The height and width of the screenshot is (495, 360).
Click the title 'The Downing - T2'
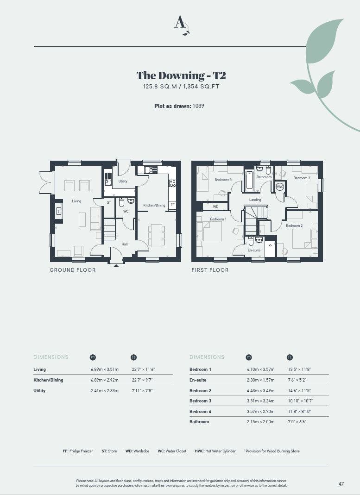tap(181, 75)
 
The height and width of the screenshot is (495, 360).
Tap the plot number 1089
tap(198, 106)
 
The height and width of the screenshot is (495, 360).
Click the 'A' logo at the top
tap(182, 25)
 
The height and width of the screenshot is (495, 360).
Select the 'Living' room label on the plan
tap(76, 201)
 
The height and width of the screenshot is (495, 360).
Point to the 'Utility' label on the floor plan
tap(123, 181)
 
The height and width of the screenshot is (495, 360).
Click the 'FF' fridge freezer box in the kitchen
tap(172, 205)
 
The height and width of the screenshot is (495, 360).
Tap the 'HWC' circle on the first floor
tap(280, 187)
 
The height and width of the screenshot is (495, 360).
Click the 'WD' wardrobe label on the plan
tap(216, 207)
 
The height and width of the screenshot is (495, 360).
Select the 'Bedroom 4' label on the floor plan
tap(223, 179)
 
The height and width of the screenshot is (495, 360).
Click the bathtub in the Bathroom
tap(249, 181)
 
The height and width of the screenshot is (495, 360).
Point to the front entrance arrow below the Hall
tap(116, 266)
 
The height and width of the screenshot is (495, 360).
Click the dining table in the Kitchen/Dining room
tap(156, 236)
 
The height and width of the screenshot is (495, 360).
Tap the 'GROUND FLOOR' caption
tap(73, 270)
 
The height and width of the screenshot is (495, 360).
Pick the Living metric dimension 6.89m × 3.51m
tap(105, 370)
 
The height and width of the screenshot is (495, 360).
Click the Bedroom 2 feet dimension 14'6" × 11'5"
tap(299, 390)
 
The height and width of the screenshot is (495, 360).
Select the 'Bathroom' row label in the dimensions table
tap(199, 422)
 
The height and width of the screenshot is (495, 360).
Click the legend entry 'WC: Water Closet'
tap(172, 451)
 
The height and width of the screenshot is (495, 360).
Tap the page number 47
tap(341, 483)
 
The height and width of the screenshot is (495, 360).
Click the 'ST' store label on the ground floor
tap(109, 202)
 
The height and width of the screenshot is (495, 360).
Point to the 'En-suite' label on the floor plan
tap(254, 250)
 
